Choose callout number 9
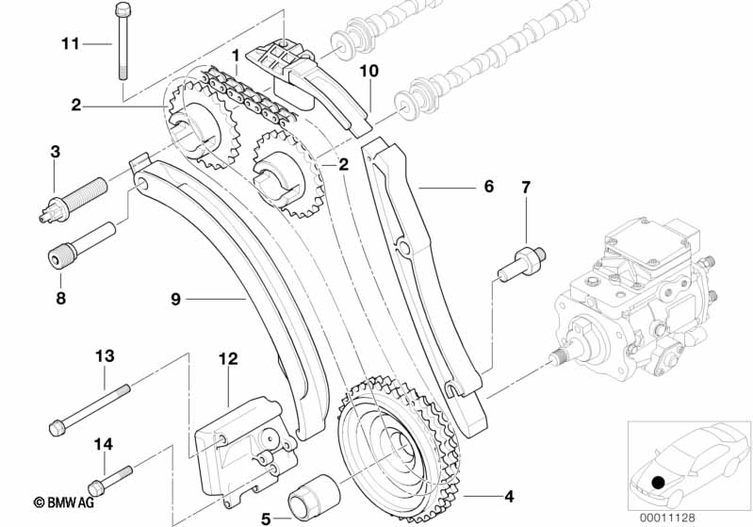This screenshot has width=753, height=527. pos(175,300)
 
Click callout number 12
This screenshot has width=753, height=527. pos(228,358)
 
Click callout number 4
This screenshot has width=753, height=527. pos(510,494)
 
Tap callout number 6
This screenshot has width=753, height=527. pos(488,187)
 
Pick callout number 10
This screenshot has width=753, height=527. pos(368,71)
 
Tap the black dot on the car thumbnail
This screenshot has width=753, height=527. pos(658,484)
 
